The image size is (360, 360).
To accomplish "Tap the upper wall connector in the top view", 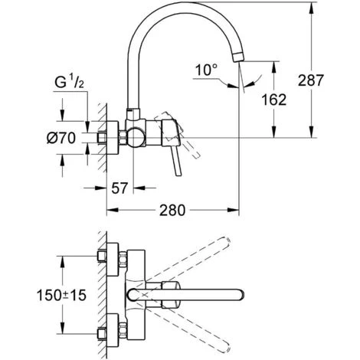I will coord(112,258).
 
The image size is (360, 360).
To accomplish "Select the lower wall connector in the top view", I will coord(112,330).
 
